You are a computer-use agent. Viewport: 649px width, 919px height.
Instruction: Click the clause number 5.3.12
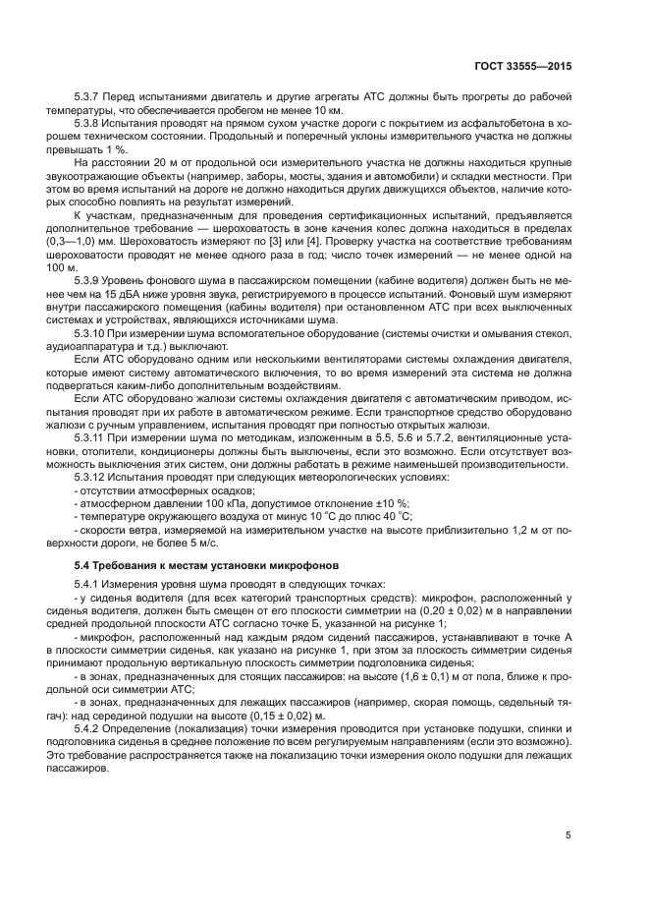93,476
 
